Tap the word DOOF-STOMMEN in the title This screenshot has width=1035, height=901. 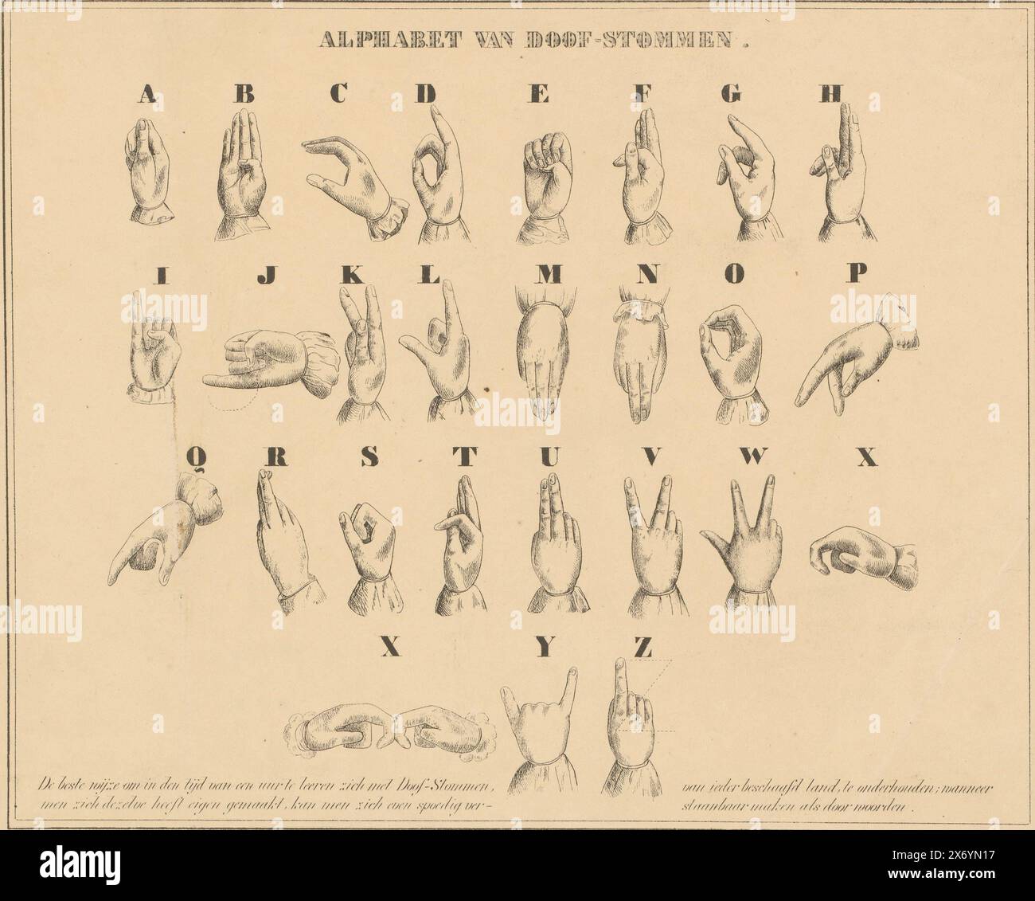[634, 40]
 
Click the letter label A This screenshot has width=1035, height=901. [146, 95]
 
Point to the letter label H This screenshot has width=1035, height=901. [830, 94]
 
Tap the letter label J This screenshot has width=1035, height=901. [267, 275]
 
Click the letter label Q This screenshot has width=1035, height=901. [197, 456]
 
